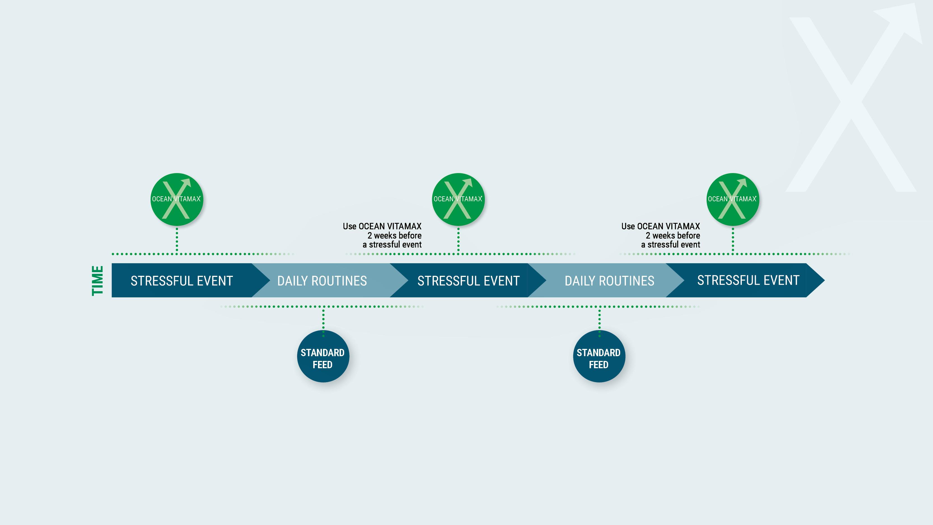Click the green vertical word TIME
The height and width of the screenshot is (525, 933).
(97, 281)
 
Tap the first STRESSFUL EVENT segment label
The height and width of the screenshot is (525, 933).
(182, 281)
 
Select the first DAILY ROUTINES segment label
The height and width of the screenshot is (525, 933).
(322, 281)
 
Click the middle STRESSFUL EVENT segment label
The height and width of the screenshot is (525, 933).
(469, 281)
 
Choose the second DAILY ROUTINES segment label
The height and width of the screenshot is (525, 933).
(610, 281)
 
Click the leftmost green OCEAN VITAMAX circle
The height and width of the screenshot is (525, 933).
(177, 199)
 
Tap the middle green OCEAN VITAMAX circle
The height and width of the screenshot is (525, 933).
(458, 199)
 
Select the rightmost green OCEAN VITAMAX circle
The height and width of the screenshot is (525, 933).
(733, 199)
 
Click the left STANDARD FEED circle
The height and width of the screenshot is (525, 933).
(323, 356)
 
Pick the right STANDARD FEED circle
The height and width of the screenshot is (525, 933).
(599, 356)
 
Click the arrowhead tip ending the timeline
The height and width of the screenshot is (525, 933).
(824, 280)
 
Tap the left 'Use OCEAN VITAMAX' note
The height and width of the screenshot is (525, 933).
(382, 235)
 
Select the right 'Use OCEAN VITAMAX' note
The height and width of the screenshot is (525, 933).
(661, 235)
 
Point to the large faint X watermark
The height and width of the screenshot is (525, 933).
(851, 104)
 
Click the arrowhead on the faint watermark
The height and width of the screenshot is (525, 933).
(902, 22)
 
